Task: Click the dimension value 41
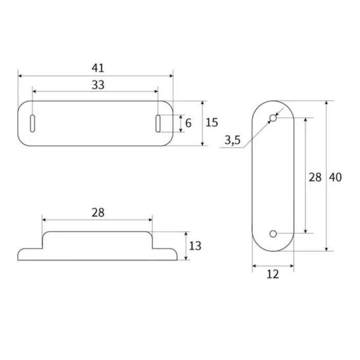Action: (98, 67)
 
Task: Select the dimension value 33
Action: (98, 85)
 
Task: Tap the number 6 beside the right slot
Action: (188, 123)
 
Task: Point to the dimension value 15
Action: (212, 122)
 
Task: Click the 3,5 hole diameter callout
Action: (232, 140)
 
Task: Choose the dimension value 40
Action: (335, 177)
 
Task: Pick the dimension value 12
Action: (273, 275)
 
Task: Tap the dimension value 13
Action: (195, 246)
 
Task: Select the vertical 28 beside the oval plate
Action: (315, 177)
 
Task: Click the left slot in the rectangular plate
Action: (33, 124)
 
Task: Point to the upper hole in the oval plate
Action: (273, 119)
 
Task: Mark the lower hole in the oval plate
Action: (273, 234)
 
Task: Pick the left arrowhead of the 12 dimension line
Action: (254, 266)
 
